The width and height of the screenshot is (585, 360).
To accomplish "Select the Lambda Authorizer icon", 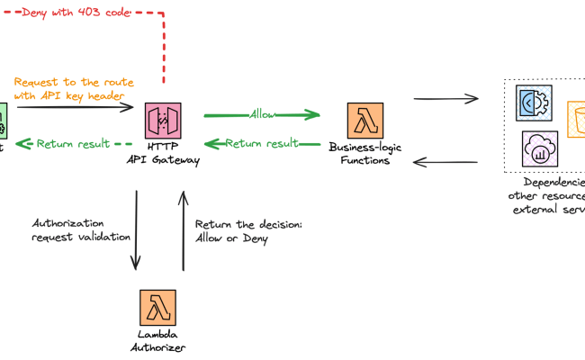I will pyautogui.click(x=157, y=308).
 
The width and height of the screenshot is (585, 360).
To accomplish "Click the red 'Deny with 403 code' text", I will pyautogui.click(x=76, y=13).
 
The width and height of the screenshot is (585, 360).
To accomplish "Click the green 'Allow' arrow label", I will pyautogui.click(x=263, y=115).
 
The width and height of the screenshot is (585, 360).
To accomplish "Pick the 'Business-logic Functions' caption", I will pyautogui.click(x=359, y=154).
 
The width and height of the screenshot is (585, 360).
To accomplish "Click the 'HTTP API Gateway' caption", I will pyautogui.click(x=162, y=154).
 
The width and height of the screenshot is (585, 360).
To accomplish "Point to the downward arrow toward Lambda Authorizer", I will pyautogui.click(x=136, y=229).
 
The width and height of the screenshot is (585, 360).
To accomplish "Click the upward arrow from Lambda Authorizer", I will pyautogui.click(x=184, y=229).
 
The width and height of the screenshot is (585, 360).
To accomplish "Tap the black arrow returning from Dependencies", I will pyautogui.click(x=445, y=163).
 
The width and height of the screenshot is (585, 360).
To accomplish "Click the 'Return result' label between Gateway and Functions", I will pyautogui.click(x=262, y=143).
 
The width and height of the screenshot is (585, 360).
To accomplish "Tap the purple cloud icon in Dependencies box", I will pyautogui.click(x=539, y=148).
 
